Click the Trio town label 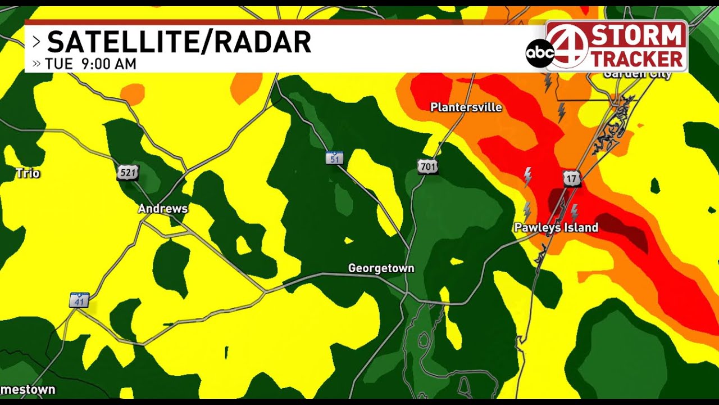tap(28, 173)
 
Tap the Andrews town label tap(163, 209)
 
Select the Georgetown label tap(381, 268)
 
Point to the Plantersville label tap(466, 107)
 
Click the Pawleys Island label tap(556, 228)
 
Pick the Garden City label tap(637, 75)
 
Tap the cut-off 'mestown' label tap(28, 389)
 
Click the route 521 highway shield tap(128, 173)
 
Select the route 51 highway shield tap(334, 158)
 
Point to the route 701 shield tap(427, 166)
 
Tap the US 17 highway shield tap(572, 179)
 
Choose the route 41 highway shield tap(79, 300)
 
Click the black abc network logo tap(539, 53)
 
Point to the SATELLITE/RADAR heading tap(179, 42)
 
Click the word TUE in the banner tap(59, 64)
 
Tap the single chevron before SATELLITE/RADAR tap(37, 42)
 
